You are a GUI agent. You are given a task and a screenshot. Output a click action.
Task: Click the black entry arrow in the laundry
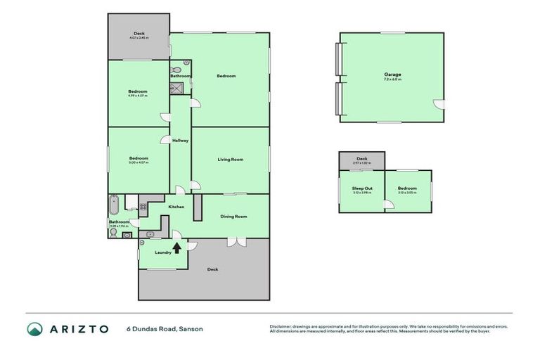point(176,246)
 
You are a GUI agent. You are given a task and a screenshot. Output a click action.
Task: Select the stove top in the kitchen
point(143,207)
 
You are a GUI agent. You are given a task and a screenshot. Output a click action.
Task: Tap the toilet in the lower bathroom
point(112,230)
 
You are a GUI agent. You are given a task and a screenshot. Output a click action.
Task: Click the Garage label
point(392,74)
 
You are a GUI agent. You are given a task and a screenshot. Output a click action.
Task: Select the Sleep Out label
point(362,188)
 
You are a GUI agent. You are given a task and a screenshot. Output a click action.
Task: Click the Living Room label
point(230,160)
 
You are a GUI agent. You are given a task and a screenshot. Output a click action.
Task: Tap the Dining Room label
point(233,217)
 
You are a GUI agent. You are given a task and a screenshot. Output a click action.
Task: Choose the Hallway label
point(180,141)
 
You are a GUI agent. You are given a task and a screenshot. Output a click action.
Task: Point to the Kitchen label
point(176,207)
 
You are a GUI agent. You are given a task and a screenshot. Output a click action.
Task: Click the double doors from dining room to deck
point(234,243)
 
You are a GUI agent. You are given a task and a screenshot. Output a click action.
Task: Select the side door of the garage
point(439,105)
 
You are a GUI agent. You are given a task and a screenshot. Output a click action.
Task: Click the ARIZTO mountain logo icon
point(35,328)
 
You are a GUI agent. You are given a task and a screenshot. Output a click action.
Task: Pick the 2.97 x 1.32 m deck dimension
point(362,162)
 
